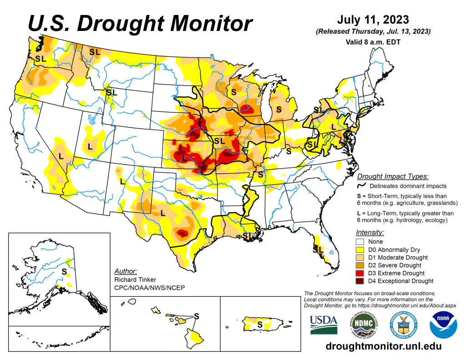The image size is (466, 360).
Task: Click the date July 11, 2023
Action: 373,20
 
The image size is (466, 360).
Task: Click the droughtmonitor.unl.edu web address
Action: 384,346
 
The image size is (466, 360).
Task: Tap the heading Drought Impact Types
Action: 393,177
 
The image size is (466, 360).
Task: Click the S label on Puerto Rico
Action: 259,325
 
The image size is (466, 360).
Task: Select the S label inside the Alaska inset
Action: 64,271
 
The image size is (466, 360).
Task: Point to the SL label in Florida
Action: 318,249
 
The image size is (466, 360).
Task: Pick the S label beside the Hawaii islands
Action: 197,315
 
